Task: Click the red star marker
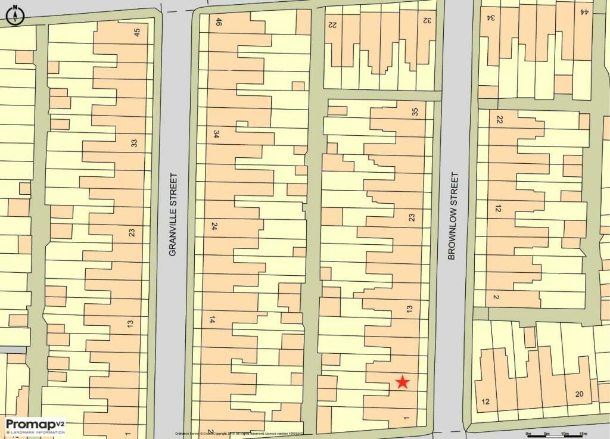403,382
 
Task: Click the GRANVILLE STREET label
173,214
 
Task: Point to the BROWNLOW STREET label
453,216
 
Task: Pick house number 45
138,33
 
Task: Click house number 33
134,143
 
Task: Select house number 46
219,22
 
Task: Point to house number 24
214,226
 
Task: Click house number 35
415,111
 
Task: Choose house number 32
427,20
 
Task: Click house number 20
579,394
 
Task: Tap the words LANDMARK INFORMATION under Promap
35,431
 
